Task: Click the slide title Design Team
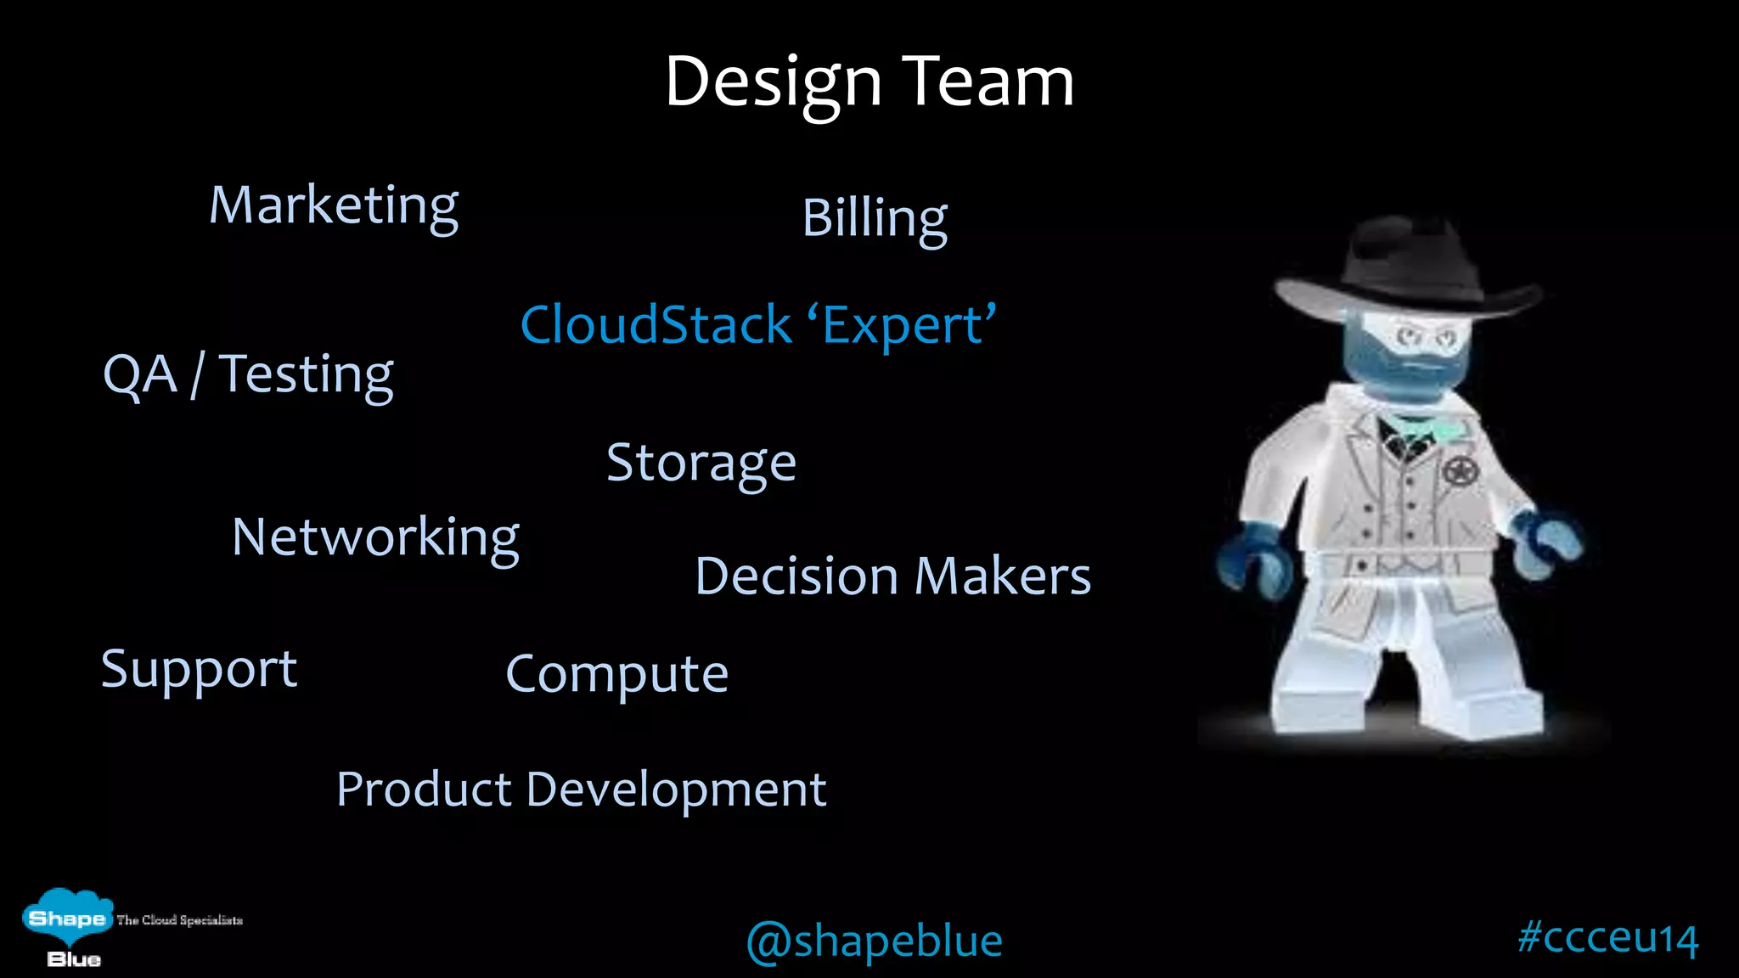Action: tap(869, 82)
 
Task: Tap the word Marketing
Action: tap(334, 205)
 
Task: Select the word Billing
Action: tap(874, 218)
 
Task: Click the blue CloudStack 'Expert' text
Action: tap(757, 325)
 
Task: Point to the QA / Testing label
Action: tap(247, 374)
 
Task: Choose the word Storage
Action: tap(701, 463)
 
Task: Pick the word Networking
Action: tap(375, 537)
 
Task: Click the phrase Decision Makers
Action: tap(892, 576)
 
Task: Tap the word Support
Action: tap(199, 669)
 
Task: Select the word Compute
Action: tap(616, 674)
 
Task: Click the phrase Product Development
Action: tap(581, 790)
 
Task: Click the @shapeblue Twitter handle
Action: tap(874, 941)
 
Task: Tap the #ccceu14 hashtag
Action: tap(1607, 937)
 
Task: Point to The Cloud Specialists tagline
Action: tap(179, 920)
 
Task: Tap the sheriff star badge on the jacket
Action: tap(1460, 470)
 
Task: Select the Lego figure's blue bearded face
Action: tap(1405, 357)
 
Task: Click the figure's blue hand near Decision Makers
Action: tap(1251, 560)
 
